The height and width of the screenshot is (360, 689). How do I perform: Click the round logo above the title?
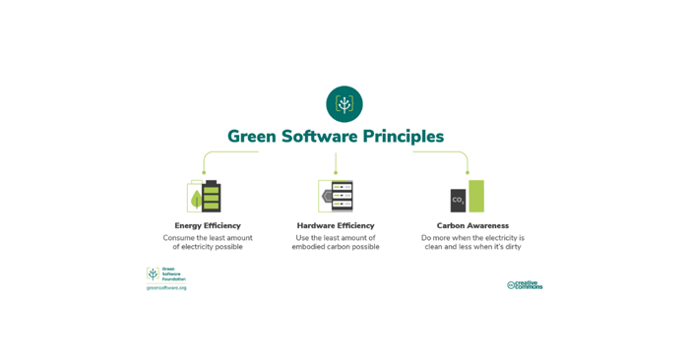click(344, 103)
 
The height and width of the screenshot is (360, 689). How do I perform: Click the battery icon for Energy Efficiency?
click(205, 197)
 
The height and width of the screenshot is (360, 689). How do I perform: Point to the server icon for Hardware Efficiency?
click(337, 196)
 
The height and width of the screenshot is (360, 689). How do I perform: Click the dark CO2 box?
click(458, 200)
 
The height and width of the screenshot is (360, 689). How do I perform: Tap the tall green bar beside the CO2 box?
click(476, 196)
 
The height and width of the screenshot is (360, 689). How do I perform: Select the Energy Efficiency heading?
click(208, 226)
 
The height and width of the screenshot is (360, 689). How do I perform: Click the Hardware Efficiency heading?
click(336, 226)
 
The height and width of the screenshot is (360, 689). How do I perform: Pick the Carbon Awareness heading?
click(472, 226)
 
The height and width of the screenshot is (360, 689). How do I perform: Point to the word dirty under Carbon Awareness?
click(512, 247)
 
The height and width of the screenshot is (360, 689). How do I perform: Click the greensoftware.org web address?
click(166, 288)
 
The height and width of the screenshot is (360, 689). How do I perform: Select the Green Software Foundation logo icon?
click(153, 274)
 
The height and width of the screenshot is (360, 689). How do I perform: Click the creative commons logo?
click(525, 285)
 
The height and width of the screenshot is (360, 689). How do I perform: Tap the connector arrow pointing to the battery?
click(205, 169)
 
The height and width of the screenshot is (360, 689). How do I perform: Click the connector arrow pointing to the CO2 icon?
click(468, 169)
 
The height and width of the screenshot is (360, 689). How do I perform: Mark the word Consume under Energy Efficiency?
click(180, 237)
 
